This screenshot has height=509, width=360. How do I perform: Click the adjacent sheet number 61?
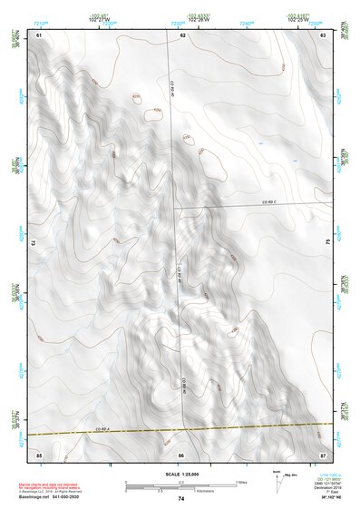click(x=39, y=34)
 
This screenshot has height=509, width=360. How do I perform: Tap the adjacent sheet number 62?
click(x=182, y=34)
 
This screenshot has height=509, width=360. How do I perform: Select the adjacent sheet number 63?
click(x=323, y=34)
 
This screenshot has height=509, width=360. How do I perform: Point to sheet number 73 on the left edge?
click(x=34, y=242)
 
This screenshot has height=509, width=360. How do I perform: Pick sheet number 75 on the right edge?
click(x=327, y=242)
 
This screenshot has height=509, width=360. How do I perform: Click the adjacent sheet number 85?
click(x=39, y=453)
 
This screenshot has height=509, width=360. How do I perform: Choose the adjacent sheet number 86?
click(x=181, y=453)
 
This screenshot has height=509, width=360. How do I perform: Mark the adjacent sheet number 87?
click(x=323, y=453)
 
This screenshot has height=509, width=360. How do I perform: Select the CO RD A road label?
click(x=102, y=429)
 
